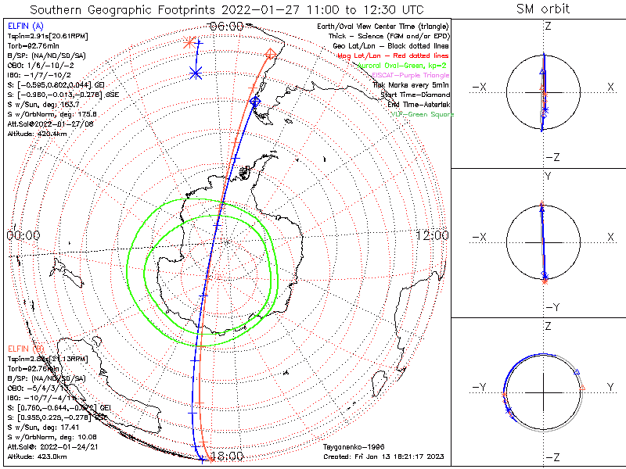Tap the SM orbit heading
[x=543, y=9]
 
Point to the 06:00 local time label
[x=227, y=26]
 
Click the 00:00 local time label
[x=23, y=235]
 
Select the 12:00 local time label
[x=432, y=235]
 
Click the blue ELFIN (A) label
[x=26, y=27]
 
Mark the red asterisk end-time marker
[x=188, y=43]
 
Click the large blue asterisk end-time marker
[x=196, y=73]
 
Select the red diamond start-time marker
[x=271, y=54]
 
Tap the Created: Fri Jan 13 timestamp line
[x=384, y=456]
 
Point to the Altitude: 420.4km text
[x=37, y=134]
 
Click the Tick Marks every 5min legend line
[x=409, y=84]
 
